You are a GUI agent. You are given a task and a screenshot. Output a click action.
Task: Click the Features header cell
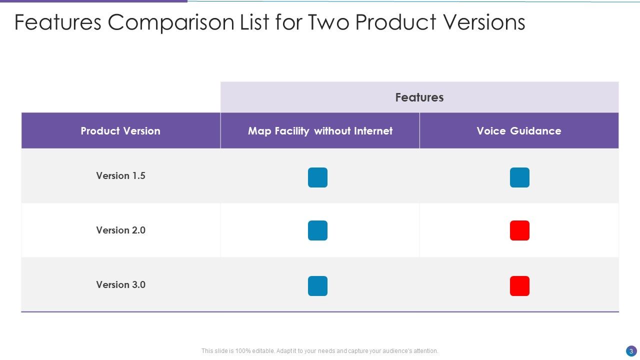(419, 97)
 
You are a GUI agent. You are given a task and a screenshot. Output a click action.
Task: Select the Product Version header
(120, 131)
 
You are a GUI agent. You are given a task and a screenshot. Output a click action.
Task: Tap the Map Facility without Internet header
(320, 131)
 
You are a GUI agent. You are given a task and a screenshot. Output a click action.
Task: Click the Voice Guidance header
(518, 131)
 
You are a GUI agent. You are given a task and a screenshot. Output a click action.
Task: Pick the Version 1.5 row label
(120, 176)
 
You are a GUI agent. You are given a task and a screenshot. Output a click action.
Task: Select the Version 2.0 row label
(120, 230)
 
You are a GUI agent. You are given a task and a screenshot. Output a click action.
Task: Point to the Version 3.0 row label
(120, 285)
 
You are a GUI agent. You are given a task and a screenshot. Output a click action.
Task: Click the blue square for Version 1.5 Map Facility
(317, 177)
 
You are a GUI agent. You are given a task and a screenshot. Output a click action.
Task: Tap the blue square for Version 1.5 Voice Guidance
(519, 177)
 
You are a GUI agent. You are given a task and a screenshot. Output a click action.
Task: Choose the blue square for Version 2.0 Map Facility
(317, 230)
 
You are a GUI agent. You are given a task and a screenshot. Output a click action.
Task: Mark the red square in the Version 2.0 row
(519, 230)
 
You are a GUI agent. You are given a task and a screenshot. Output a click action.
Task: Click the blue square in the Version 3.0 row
(317, 286)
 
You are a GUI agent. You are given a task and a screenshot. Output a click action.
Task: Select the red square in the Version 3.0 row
(519, 286)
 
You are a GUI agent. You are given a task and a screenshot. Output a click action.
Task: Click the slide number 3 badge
(631, 351)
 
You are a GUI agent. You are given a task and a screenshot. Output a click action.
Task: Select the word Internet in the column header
(373, 131)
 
